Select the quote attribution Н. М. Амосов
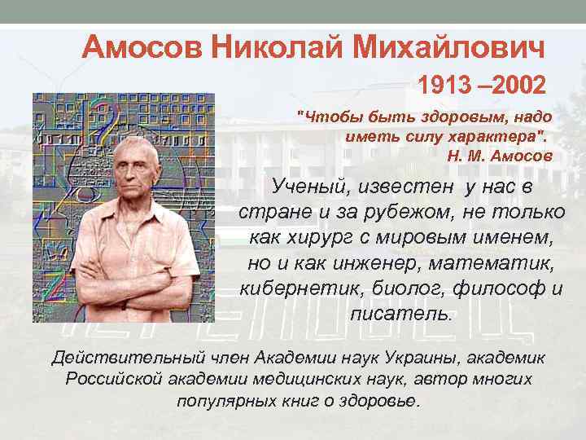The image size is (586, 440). click(499, 155)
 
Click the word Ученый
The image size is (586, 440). click(312, 189)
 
